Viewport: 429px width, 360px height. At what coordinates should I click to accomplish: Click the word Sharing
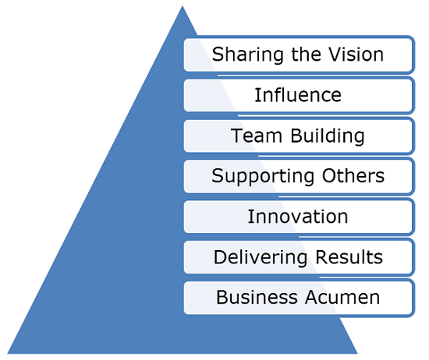click(x=248, y=55)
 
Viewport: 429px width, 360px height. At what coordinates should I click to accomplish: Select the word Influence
click(x=298, y=95)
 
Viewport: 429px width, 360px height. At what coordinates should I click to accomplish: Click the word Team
click(x=257, y=136)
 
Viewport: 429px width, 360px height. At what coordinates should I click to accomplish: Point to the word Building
click(x=328, y=136)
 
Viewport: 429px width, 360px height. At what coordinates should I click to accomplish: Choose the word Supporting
click(x=263, y=177)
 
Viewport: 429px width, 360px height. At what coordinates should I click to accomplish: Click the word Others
click(x=353, y=175)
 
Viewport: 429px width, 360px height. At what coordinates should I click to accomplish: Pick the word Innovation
click(x=298, y=217)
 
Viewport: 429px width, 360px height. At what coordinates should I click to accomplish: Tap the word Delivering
click(x=261, y=258)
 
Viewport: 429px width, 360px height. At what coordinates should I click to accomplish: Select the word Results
click(x=349, y=257)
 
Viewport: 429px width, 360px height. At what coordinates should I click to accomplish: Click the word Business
click(x=257, y=297)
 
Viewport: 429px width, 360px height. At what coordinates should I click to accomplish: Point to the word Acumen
click(x=342, y=297)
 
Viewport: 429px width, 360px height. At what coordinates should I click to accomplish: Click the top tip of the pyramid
click(x=183, y=6)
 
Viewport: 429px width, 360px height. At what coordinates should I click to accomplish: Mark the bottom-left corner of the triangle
click(x=7, y=354)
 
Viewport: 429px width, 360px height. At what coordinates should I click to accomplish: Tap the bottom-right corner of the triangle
click(x=357, y=354)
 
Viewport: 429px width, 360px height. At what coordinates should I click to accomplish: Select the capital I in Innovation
click(x=250, y=217)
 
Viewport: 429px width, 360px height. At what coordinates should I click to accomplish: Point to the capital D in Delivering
click(x=219, y=257)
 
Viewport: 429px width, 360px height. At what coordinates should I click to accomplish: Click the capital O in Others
click(x=329, y=175)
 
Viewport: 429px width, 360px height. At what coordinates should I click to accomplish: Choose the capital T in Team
click(x=237, y=136)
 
